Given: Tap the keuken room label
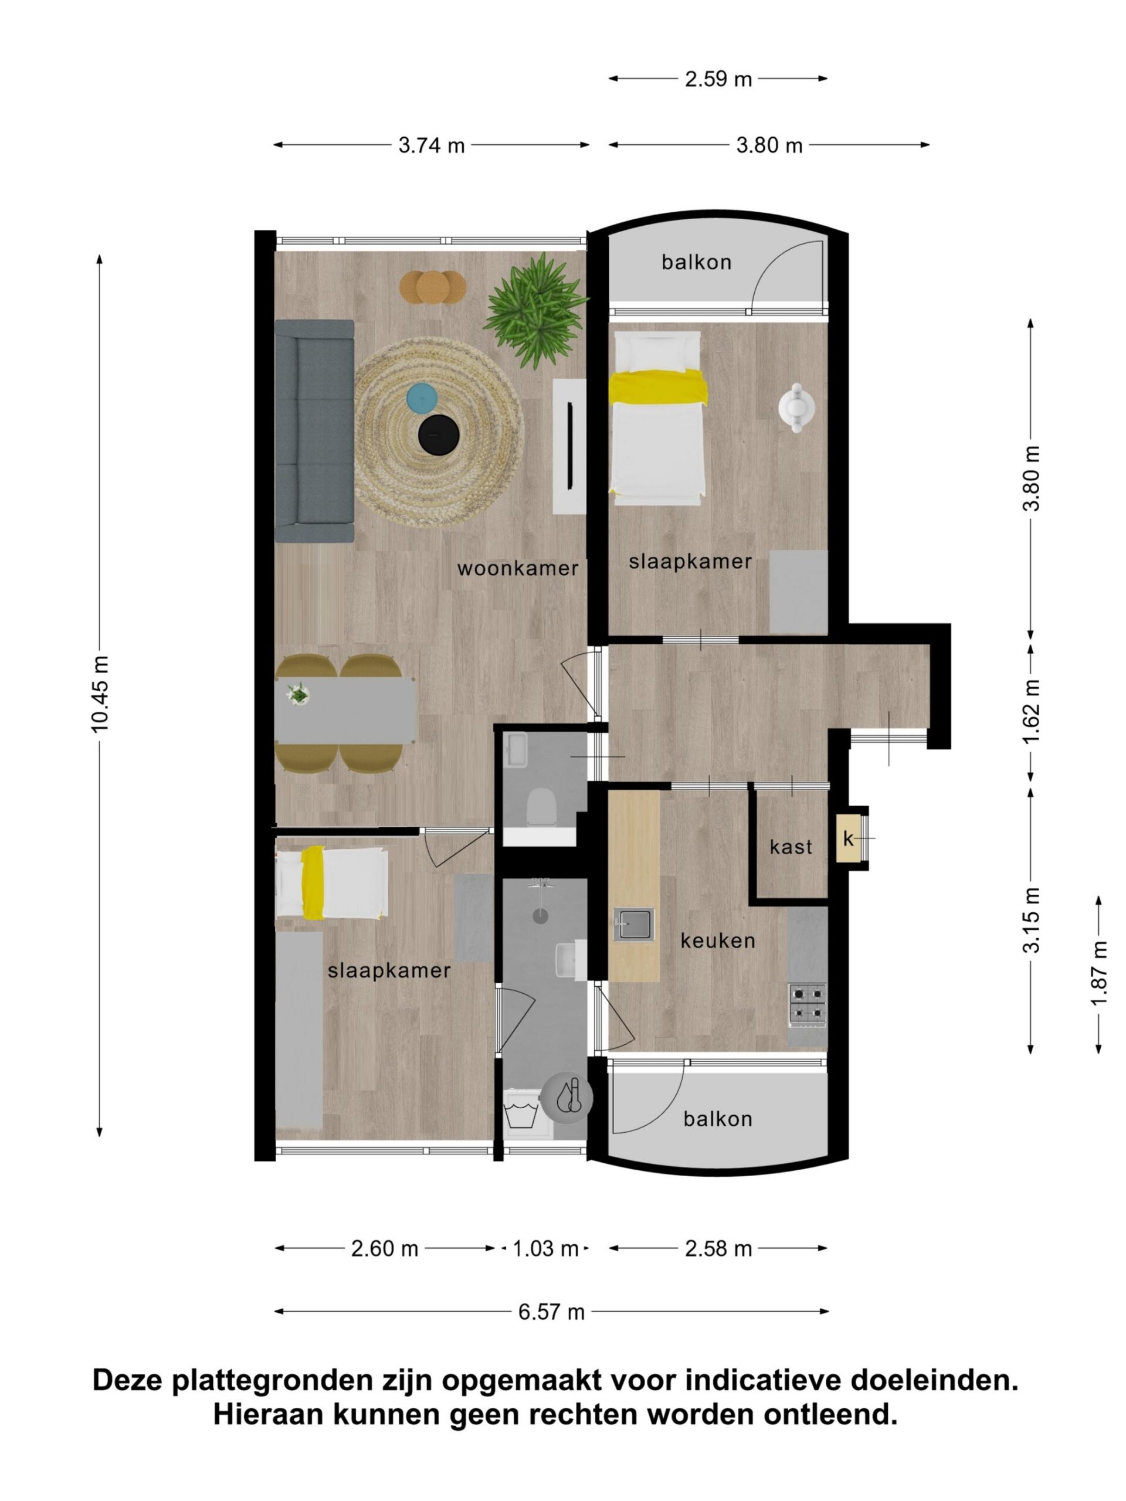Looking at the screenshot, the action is [x=717, y=940].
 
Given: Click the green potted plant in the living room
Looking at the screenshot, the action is [x=536, y=311].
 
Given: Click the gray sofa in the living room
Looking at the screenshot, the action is [x=314, y=432].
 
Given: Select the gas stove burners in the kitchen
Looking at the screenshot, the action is [x=807, y=1005].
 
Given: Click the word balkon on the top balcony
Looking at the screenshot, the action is [x=696, y=263].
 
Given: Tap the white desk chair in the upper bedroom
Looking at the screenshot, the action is [x=797, y=406].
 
